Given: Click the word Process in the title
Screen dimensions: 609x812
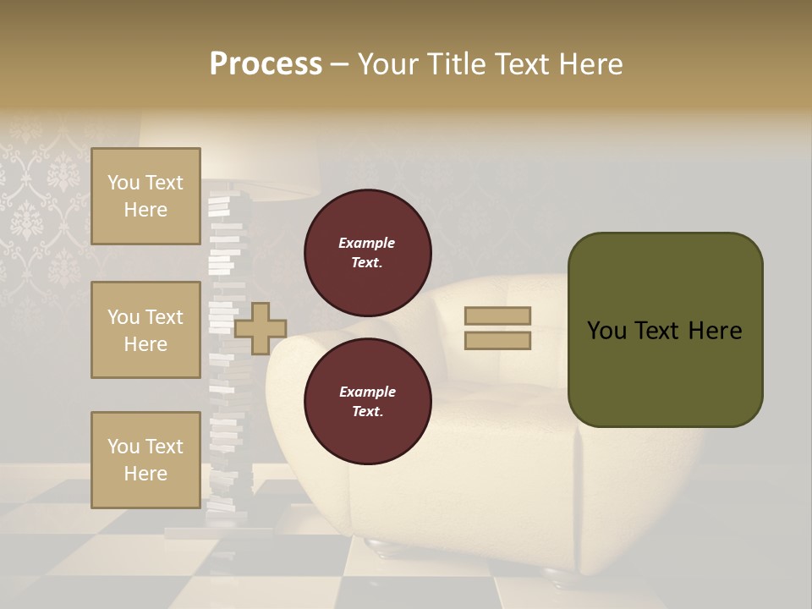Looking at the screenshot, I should point(266,63).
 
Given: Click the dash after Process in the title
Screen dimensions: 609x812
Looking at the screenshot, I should point(339,64).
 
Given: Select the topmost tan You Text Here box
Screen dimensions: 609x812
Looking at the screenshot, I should point(145,196).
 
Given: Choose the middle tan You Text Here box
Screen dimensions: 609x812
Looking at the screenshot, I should point(145,330).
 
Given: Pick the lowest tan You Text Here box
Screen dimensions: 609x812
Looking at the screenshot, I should point(145,459).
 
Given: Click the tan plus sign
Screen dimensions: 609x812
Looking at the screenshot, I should point(261,328).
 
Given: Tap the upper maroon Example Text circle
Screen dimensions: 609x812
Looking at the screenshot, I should point(367,252).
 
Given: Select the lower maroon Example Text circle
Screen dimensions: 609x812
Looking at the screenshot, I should point(367,401).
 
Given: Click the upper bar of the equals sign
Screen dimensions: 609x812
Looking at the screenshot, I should point(497,315).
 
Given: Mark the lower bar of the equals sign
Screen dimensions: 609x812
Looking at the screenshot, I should point(497,341).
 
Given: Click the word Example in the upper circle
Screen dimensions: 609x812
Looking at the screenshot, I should point(367,243).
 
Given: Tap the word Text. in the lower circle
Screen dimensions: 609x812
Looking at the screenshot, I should point(367,411).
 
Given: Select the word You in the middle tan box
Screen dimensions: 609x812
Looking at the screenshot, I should point(123,317).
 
